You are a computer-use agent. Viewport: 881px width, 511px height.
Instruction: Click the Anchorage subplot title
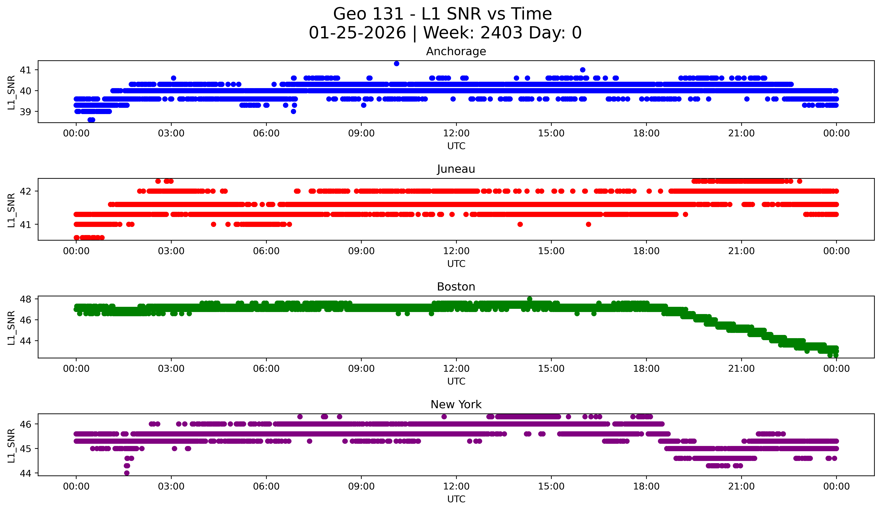[456, 51]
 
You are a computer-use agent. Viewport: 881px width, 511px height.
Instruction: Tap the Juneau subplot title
[456, 169]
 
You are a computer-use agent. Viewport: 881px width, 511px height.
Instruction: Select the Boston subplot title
[456, 287]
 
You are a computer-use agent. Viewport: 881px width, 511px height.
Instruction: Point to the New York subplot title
[456, 405]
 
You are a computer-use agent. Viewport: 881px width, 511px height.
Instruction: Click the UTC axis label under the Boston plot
[456, 381]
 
